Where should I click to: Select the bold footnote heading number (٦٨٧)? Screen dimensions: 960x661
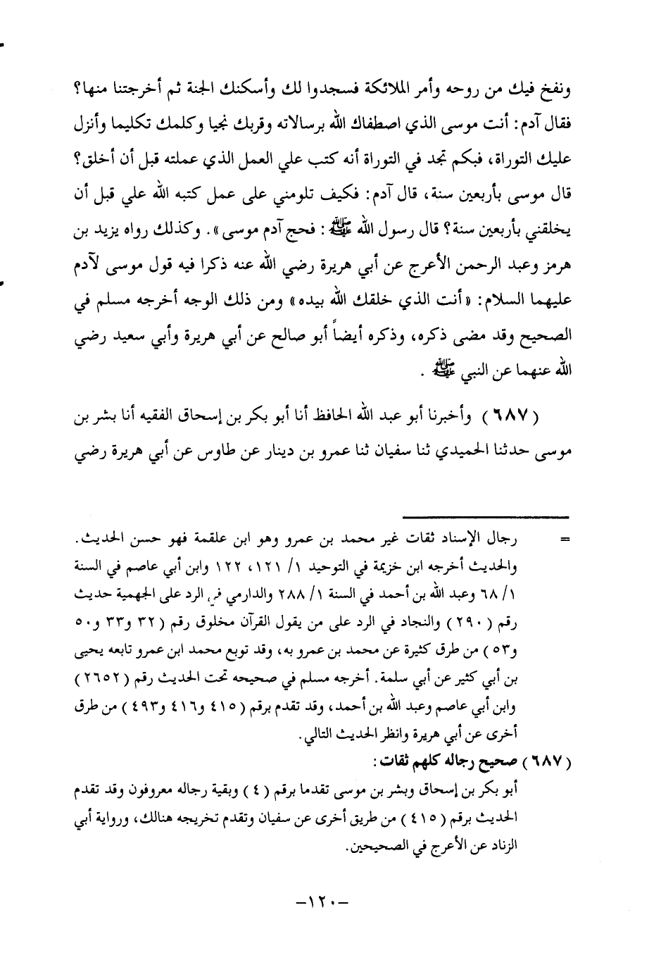(x=548, y=761)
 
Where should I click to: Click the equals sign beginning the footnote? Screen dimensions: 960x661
(x=563, y=542)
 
